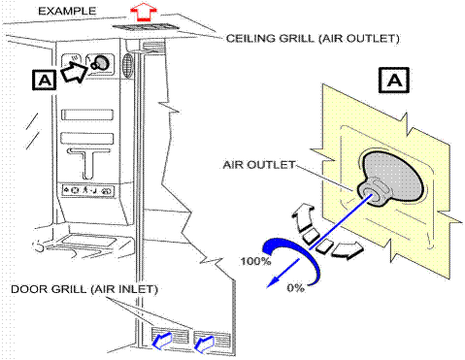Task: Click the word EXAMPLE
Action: (67, 11)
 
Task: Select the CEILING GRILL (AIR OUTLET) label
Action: (313, 38)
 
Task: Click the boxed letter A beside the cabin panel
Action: (44, 80)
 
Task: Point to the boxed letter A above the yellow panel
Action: (394, 80)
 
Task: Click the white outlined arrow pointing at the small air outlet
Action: (74, 73)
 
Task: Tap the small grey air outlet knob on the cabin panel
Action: (100, 63)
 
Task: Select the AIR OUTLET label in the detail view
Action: (258, 165)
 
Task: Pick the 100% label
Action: (255, 261)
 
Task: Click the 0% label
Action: (295, 287)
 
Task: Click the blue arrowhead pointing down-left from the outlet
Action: (273, 282)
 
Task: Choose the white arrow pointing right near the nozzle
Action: (348, 249)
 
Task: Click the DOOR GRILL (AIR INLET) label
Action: (84, 289)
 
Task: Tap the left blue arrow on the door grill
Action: (162, 341)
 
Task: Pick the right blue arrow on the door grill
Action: (204, 344)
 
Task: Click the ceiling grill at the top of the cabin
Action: (146, 27)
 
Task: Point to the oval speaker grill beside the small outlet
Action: (128, 65)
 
